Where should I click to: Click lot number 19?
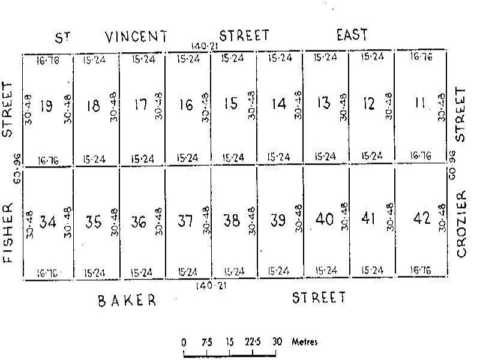click(x=46, y=106)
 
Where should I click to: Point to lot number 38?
click(x=232, y=221)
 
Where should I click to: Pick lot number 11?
click(x=421, y=104)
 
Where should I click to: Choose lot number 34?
click(x=48, y=222)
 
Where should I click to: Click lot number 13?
click(x=324, y=103)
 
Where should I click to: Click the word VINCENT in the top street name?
click(x=136, y=37)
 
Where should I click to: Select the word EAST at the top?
click(x=352, y=35)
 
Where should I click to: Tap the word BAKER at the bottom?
click(x=127, y=301)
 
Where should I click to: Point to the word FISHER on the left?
click(x=8, y=233)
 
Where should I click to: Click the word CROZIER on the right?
click(x=461, y=224)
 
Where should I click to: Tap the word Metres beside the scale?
click(x=304, y=342)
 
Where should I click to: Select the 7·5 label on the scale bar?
click(x=207, y=342)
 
